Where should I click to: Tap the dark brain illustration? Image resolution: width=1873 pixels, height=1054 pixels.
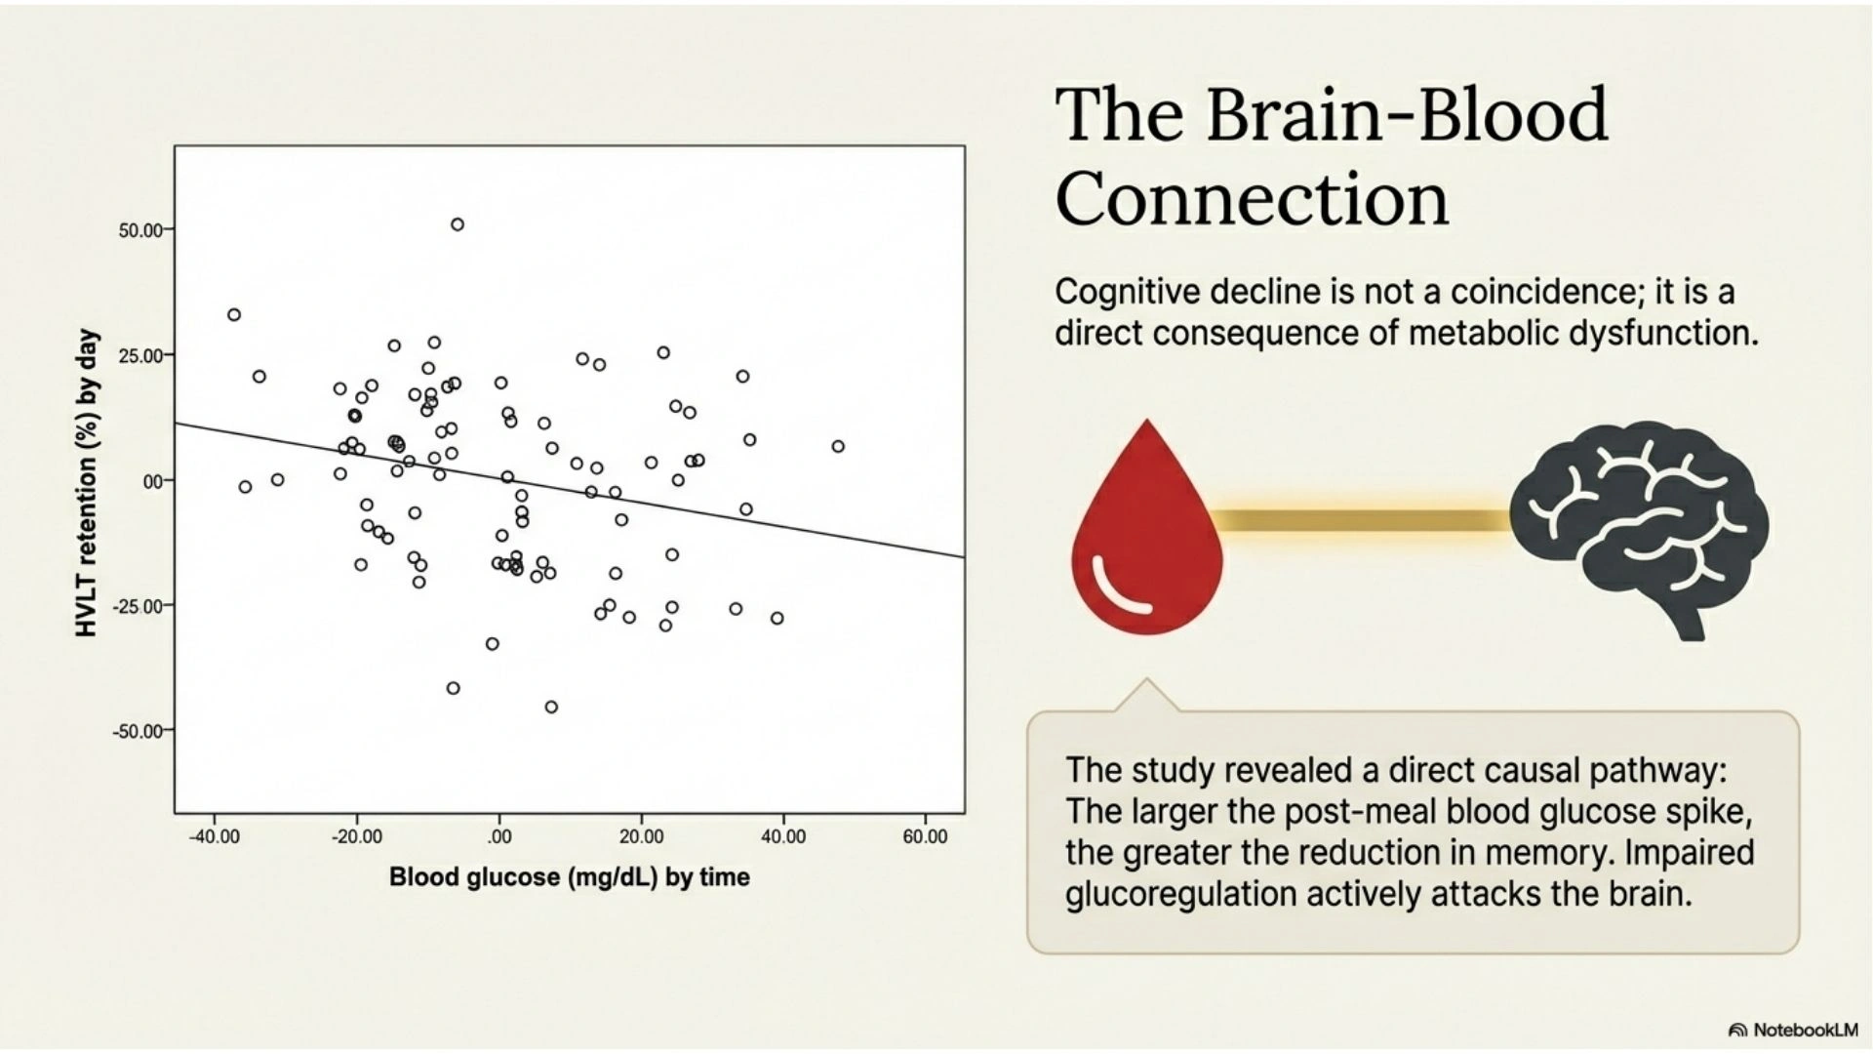[x=1639, y=527]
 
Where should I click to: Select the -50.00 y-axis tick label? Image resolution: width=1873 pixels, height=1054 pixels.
[x=139, y=731]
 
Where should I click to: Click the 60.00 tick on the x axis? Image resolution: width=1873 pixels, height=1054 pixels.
[x=924, y=837]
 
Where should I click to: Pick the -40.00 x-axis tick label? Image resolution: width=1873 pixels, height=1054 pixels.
[x=214, y=837]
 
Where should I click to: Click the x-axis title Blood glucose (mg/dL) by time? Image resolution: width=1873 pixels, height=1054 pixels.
[x=569, y=877]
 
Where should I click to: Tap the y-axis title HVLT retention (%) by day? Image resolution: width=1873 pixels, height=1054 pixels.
[x=88, y=483]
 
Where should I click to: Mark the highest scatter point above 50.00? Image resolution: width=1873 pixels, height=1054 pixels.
[x=457, y=224]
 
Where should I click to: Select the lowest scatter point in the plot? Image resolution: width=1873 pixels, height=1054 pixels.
[x=551, y=707]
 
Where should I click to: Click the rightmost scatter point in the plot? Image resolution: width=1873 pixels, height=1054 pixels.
[x=838, y=446]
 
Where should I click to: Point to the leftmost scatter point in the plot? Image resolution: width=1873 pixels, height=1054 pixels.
[x=234, y=314]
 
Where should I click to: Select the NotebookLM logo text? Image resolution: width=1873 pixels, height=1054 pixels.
[x=1805, y=1030]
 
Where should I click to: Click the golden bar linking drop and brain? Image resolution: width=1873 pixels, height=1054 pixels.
[x=1366, y=520]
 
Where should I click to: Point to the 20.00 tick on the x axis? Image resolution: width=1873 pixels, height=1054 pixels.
[x=641, y=837]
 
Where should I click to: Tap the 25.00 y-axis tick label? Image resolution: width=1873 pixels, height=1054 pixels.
[x=141, y=355]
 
